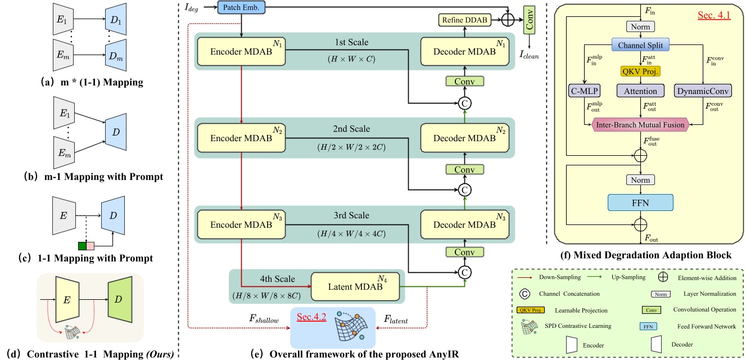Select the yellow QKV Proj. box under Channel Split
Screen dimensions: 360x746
tap(641, 71)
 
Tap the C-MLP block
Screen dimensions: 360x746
tap(585, 90)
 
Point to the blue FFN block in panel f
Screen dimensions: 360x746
tap(641, 201)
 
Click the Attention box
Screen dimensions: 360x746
tap(641, 90)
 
